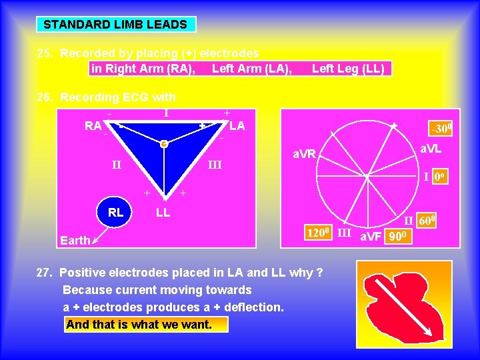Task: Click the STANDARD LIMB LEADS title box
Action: pos(115,25)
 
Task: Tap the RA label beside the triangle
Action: pos(93,125)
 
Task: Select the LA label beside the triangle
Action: pos(237,125)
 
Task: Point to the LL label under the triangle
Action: pos(163,213)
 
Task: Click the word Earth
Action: pos(75,240)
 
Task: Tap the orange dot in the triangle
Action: pos(163,143)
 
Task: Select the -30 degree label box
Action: pos(441,128)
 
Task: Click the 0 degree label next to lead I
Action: pos(439,177)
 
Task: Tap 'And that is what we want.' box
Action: pos(147,325)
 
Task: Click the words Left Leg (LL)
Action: pos(348,68)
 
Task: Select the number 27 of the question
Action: pos(45,272)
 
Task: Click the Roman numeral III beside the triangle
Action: pos(215,165)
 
